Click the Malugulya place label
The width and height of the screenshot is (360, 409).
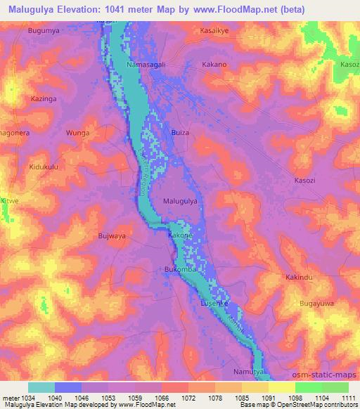(184, 201)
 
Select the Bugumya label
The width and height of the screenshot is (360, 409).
(44, 32)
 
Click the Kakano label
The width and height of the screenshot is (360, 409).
(213, 65)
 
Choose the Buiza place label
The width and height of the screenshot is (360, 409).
(181, 131)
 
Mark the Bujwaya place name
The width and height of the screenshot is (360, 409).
(112, 236)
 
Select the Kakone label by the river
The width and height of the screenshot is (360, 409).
(179, 236)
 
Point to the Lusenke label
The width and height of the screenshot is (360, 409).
(215, 302)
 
